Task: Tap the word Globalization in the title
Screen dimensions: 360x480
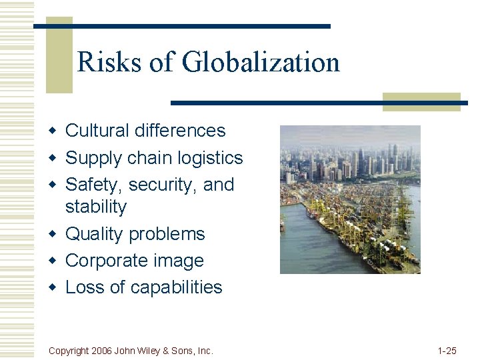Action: point(261,63)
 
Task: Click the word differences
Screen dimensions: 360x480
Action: point(180,131)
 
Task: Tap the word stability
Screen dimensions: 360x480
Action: point(95,207)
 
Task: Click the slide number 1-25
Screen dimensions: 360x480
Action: point(447,350)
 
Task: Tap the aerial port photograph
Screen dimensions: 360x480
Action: point(350,199)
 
